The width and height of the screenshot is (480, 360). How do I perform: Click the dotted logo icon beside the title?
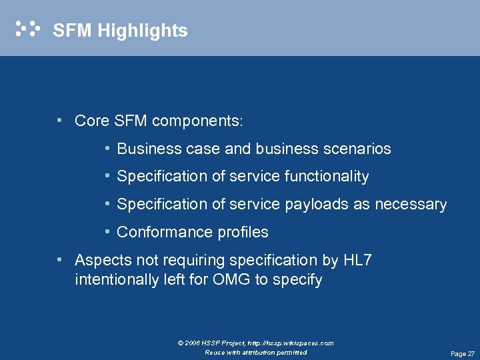click(x=28, y=29)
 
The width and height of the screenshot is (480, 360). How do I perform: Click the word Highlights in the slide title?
click(x=141, y=31)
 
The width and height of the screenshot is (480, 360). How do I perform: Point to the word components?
click(x=197, y=121)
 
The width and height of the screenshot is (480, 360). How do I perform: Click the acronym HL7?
click(x=357, y=260)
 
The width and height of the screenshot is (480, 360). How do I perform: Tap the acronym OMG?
click(x=231, y=280)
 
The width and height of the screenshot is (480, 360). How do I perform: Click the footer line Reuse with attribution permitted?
click(x=255, y=353)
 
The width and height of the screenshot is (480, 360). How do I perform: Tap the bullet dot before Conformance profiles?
click(x=107, y=232)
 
